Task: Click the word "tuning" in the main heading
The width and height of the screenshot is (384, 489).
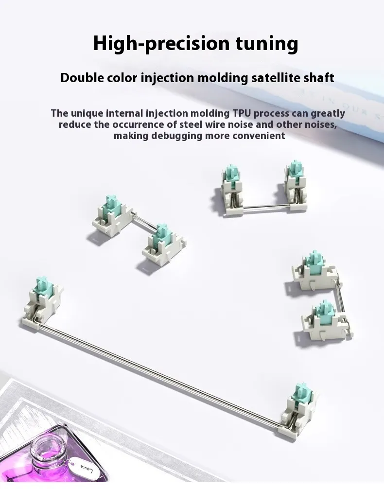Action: (267, 43)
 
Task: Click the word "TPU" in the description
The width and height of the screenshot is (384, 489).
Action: (242, 113)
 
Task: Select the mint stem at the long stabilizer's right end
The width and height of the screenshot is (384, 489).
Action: (300, 394)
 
